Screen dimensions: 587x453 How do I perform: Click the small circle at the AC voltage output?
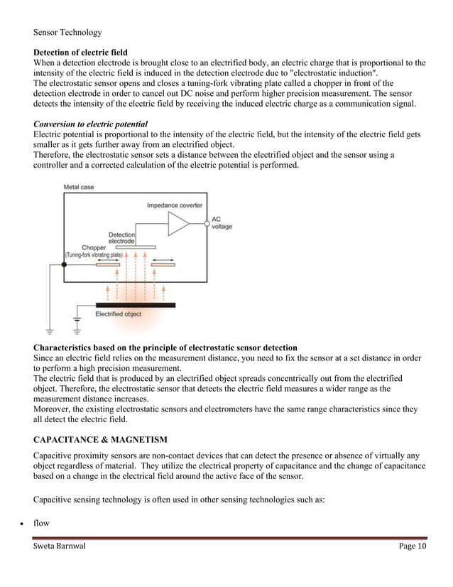(x=207, y=223)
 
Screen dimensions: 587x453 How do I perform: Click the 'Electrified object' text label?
(x=119, y=314)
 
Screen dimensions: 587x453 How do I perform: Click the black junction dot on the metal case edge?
(x=64, y=264)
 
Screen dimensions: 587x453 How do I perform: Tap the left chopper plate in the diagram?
(x=108, y=264)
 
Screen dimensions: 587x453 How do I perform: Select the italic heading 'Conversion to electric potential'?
(x=90, y=124)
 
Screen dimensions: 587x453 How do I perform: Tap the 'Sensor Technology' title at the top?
(x=67, y=32)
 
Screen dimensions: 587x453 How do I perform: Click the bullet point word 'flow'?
(x=41, y=523)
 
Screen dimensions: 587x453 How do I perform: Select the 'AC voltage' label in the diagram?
(x=222, y=222)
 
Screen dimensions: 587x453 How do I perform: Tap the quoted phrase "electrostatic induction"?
(x=327, y=74)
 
